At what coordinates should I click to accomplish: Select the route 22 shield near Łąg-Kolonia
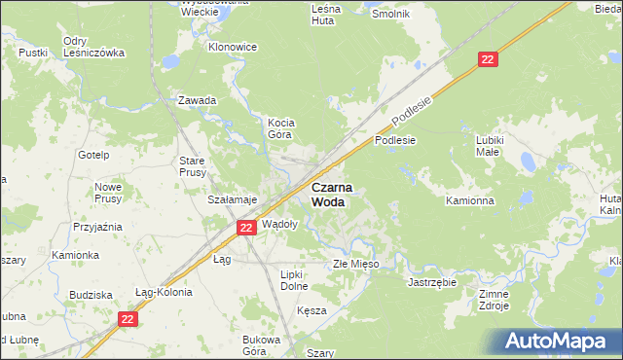(x=128, y=318)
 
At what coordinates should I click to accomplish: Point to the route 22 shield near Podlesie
(x=489, y=60)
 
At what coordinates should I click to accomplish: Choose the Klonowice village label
(x=233, y=47)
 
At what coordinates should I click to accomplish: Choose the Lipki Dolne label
(x=294, y=280)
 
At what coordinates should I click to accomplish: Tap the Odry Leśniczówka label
(x=93, y=47)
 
